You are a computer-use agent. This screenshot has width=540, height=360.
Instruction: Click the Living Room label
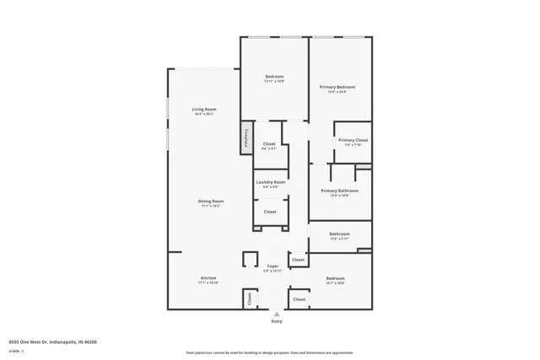click(x=204, y=110)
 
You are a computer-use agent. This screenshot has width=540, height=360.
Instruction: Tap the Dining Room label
click(x=211, y=201)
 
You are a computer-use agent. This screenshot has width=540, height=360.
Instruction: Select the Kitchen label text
click(x=208, y=278)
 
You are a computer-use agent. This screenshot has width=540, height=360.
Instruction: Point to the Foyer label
click(x=272, y=266)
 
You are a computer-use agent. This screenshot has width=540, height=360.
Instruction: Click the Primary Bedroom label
click(x=337, y=87)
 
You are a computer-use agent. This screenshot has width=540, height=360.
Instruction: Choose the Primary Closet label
click(x=352, y=140)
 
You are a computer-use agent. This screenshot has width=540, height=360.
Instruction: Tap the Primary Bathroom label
click(x=339, y=191)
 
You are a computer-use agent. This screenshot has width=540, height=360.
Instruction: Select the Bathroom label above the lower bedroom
click(x=339, y=234)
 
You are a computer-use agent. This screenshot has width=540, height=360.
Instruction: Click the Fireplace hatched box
click(x=246, y=139)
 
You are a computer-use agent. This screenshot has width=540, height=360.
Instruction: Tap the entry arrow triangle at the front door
click(x=276, y=314)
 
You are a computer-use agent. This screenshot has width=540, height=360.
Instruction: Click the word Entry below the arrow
click(x=277, y=322)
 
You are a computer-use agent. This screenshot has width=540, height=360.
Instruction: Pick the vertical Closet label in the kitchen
click(x=249, y=298)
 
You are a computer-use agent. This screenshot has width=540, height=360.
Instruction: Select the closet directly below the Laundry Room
click(x=270, y=212)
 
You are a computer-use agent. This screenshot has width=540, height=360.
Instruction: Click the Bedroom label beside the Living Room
click(x=274, y=77)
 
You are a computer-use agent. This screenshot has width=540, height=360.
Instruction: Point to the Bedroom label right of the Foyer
click(x=335, y=278)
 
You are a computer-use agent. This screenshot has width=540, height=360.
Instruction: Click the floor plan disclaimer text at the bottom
click(x=269, y=352)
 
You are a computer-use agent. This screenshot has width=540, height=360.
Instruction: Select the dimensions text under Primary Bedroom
click(x=337, y=92)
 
